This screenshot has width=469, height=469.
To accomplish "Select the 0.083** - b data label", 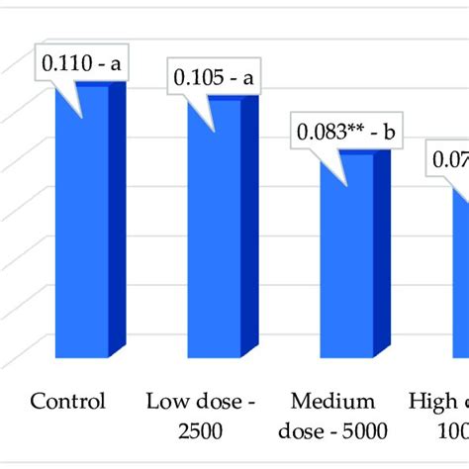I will click(345, 131).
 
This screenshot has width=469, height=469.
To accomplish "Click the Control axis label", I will click(68, 402).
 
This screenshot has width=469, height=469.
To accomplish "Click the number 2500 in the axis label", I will click(200, 430).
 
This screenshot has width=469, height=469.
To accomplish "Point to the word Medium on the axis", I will click(332, 402).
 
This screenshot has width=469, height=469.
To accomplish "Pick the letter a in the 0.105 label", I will click(250, 76).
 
